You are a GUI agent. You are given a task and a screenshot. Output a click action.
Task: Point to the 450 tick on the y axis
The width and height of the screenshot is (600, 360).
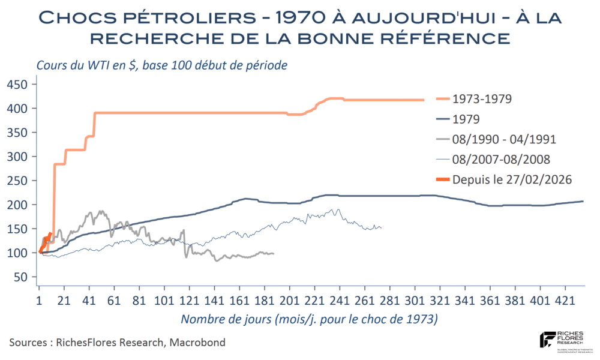point(23,85)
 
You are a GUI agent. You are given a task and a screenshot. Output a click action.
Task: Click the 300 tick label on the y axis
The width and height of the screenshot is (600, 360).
point(23,157)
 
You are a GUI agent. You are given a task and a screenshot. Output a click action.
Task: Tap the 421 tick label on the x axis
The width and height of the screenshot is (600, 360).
point(566,299)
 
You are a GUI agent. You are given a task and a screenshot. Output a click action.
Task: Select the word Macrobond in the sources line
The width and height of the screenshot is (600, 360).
point(199,343)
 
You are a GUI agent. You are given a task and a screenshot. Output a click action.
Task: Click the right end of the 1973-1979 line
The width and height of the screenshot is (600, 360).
point(424,100)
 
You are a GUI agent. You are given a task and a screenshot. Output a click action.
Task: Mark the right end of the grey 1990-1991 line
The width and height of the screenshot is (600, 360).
point(274,253)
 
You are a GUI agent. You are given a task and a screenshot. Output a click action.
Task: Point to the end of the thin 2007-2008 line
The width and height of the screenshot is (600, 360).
point(381,228)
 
